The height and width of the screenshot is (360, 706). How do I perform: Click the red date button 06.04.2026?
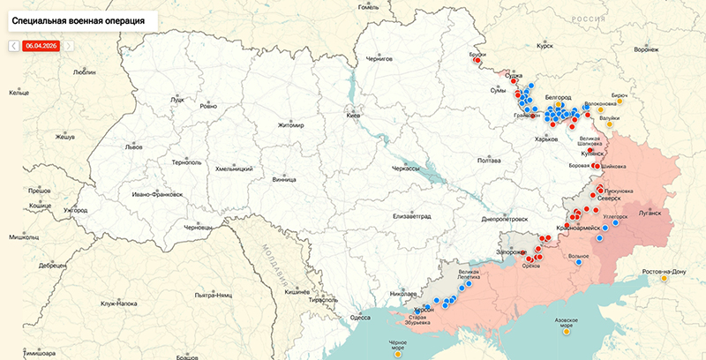[41, 45]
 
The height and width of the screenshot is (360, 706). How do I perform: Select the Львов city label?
[132, 146]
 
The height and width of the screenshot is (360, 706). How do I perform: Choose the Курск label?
[545, 45]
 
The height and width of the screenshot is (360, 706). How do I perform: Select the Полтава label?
[489, 161]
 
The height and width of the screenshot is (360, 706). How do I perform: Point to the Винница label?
[284, 179]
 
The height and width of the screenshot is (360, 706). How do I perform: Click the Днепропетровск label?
[505, 218]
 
